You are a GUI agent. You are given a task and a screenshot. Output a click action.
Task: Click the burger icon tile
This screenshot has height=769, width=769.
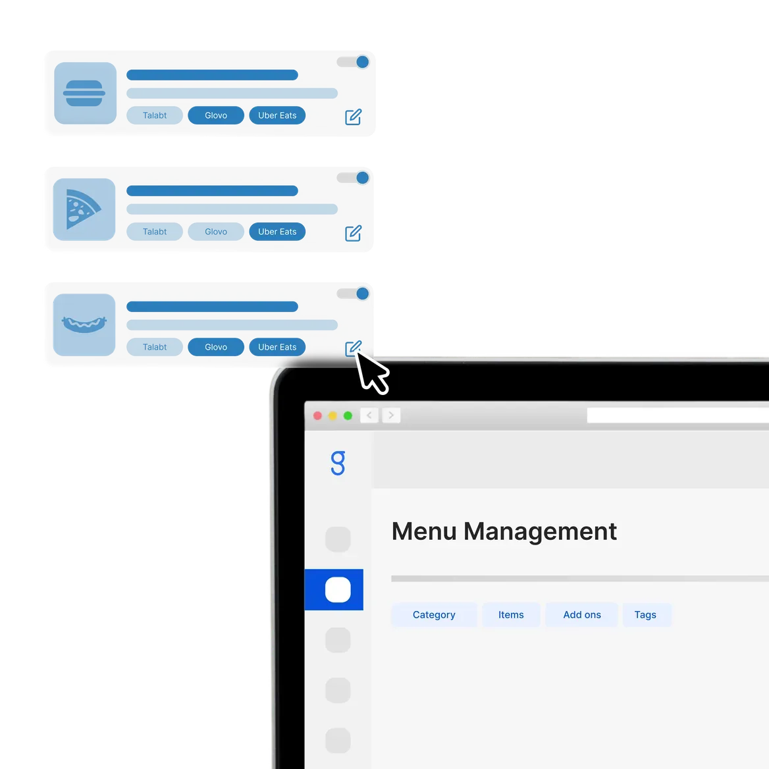click(x=86, y=93)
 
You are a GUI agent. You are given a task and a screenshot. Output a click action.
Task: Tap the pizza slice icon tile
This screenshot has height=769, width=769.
click(x=84, y=209)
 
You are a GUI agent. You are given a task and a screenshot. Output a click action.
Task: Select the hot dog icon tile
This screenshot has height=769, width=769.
click(x=84, y=325)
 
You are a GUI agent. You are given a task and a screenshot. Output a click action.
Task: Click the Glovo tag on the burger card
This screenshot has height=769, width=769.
click(x=216, y=115)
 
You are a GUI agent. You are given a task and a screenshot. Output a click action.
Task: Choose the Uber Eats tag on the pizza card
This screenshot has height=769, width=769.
click(x=277, y=232)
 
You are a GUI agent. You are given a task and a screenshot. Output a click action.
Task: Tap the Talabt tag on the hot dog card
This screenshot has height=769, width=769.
click(x=155, y=347)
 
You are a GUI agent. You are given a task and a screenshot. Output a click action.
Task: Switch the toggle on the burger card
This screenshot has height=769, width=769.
click(x=353, y=62)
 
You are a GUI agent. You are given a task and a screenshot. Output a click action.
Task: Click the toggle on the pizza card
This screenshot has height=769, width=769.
click(x=353, y=178)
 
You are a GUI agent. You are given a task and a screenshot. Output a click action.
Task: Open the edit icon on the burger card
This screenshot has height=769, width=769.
click(x=353, y=117)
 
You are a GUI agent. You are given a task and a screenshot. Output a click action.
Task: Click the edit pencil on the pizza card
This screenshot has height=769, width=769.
click(x=353, y=233)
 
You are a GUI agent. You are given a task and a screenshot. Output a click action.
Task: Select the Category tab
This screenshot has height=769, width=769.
click(x=434, y=614)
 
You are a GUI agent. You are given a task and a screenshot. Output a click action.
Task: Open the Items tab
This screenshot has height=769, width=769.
click(x=511, y=614)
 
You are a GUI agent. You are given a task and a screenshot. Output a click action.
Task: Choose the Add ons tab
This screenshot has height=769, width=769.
click(x=581, y=614)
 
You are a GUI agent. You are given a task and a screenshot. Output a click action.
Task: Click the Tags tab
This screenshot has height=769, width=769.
click(x=645, y=614)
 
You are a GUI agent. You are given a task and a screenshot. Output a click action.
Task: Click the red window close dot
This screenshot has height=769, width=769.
click(x=317, y=416)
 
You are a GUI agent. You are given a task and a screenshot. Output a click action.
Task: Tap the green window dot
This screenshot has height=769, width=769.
click(x=348, y=416)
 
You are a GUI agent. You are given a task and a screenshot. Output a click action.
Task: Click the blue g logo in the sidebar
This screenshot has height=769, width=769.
click(x=338, y=463)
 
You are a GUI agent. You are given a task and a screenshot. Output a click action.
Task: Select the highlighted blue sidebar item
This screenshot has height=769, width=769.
click(x=334, y=589)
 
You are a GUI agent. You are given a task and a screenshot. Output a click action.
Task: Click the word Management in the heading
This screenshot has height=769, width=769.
click(x=540, y=531)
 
